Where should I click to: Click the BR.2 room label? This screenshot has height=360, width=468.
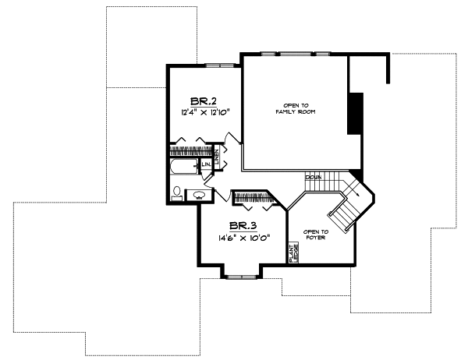pyautogui.click(x=204, y=101)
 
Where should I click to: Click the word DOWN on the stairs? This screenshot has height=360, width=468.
pyautogui.click(x=314, y=178)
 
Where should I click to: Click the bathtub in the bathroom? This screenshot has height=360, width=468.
pyautogui.click(x=184, y=168)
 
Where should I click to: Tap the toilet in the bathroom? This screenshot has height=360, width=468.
pyautogui.click(x=177, y=191)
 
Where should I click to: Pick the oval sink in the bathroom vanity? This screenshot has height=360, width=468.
pyautogui.click(x=199, y=195)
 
